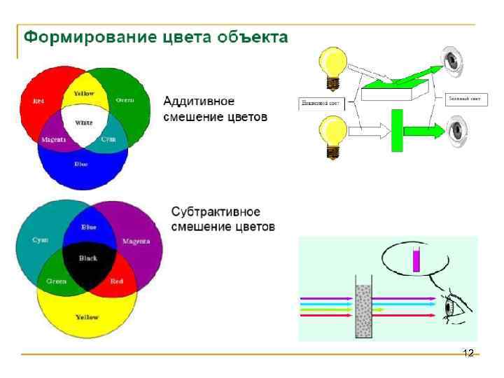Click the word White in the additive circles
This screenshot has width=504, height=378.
pyautogui.click(x=84, y=122)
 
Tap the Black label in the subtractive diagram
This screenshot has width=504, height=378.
pyautogui.click(x=88, y=258)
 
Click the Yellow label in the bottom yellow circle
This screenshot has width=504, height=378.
pyautogui.click(x=87, y=317)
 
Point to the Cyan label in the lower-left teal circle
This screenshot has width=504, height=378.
pyautogui.click(x=41, y=240)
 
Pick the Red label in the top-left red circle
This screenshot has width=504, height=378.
pyautogui.click(x=38, y=101)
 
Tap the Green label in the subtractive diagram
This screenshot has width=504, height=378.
pyautogui.click(x=57, y=281)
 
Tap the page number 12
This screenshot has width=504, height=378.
pyautogui.click(x=469, y=352)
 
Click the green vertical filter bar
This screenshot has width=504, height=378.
pyautogui.click(x=397, y=130)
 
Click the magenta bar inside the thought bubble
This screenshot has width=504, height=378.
pyautogui.click(x=416, y=260)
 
